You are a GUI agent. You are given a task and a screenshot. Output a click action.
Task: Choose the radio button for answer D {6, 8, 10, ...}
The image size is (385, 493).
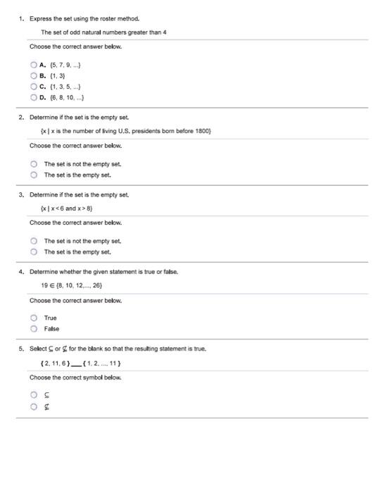point(33,96)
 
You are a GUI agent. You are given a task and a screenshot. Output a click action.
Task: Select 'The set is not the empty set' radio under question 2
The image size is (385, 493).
point(33,162)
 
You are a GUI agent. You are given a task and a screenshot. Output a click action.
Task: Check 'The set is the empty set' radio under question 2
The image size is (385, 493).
point(33,173)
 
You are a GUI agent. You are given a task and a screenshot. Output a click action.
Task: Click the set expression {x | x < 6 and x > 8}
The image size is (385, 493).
point(72,208)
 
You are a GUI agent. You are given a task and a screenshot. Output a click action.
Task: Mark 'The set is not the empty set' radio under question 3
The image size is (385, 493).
point(33,239)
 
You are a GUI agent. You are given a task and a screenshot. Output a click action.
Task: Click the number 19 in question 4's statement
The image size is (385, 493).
point(44,285)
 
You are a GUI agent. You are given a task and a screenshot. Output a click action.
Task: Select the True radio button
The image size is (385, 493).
point(33,317)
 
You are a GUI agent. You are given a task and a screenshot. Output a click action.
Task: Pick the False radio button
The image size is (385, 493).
point(33,328)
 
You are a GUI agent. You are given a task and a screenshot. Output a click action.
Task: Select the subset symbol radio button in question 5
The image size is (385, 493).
point(33,394)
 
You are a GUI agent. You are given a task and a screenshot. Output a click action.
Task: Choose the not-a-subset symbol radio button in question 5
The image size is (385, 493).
point(33,406)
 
